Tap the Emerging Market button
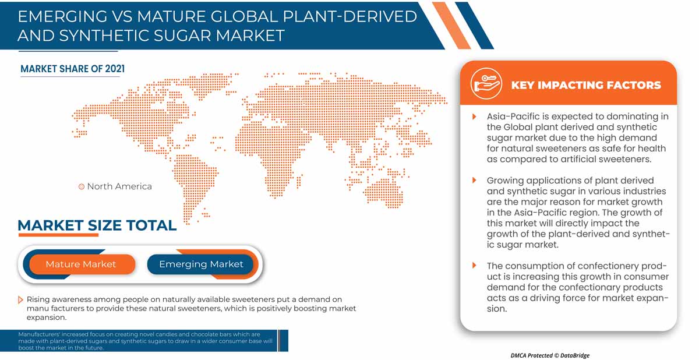tap(200, 264)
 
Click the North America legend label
tap(119, 186)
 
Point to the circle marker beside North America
tap(82, 186)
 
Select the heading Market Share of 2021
tap(72, 69)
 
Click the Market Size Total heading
tap(97, 225)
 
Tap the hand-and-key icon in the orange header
tap(486, 84)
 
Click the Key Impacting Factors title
tap(586, 85)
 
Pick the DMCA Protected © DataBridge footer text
tap(550, 355)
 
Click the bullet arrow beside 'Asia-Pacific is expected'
tap(474, 117)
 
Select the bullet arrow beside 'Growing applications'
tap(474, 181)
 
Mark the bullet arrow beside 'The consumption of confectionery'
tap(474, 266)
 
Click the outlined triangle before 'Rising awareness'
tap(20, 300)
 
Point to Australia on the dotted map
tap(384, 192)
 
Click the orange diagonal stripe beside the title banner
tap(451, 26)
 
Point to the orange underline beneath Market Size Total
tap(58, 235)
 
